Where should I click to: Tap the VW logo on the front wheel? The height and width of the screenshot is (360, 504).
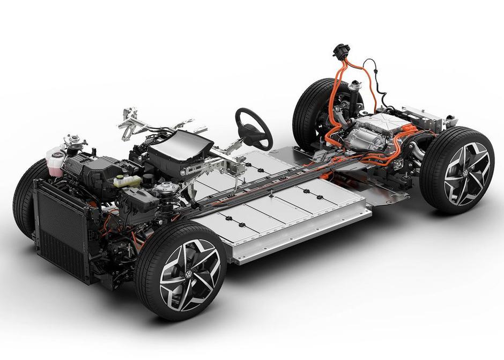point(189,274)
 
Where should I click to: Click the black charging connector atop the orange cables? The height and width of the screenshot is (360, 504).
point(340,52)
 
